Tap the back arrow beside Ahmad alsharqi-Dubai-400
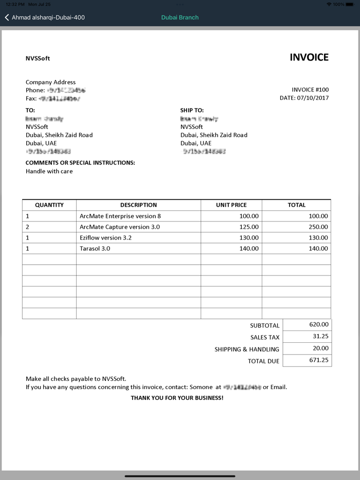[x=7, y=17]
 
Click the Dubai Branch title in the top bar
[x=179, y=17]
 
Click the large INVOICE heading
[x=309, y=58]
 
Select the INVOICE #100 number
[x=310, y=89]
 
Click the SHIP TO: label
[x=192, y=110]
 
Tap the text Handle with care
[x=49, y=171]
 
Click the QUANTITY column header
[x=49, y=205]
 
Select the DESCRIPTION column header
[x=138, y=205]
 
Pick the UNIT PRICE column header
[x=231, y=205]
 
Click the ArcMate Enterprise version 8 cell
[x=120, y=216]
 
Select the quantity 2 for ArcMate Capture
[x=28, y=227]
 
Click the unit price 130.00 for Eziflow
[x=249, y=237]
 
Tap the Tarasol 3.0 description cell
[x=95, y=248]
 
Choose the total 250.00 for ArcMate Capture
[x=318, y=227]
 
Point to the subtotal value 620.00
[x=319, y=324]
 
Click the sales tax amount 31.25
[x=320, y=336]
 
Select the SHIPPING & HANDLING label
[x=247, y=349]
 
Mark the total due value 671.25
[x=319, y=360]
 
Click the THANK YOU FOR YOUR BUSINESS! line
[x=177, y=398]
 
